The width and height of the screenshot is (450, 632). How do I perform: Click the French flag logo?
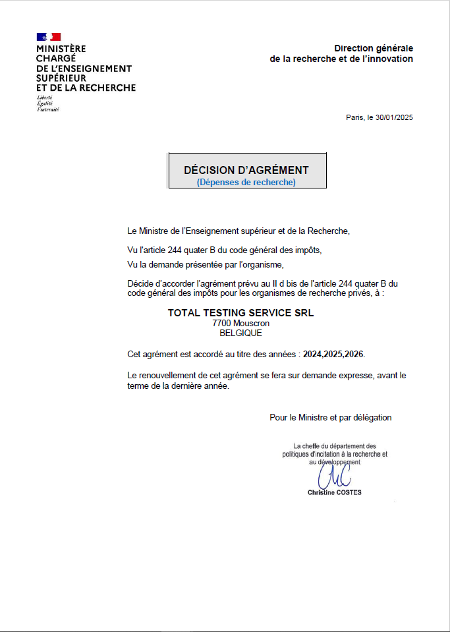point(49,37)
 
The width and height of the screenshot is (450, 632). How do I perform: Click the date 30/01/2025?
point(394,118)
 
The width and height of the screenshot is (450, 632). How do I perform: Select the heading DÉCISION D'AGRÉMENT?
point(246,170)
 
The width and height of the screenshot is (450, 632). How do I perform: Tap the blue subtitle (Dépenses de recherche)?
point(246,182)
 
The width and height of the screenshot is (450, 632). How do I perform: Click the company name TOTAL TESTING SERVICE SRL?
point(240,313)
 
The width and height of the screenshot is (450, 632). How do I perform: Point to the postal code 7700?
point(221,324)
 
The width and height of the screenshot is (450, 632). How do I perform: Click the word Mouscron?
point(251,324)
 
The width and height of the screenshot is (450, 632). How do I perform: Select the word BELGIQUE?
point(240,333)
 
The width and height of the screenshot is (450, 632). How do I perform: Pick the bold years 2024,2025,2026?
point(333,354)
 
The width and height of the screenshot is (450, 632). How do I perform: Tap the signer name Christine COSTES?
point(334,492)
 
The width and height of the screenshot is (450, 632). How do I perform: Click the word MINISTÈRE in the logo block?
point(61,49)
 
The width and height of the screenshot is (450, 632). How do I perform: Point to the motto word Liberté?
point(45,98)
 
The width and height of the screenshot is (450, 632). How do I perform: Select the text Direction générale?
point(374,48)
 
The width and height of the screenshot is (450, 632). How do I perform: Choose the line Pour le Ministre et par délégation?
point(330,417)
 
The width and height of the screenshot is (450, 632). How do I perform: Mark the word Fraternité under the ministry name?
point(47,109)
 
